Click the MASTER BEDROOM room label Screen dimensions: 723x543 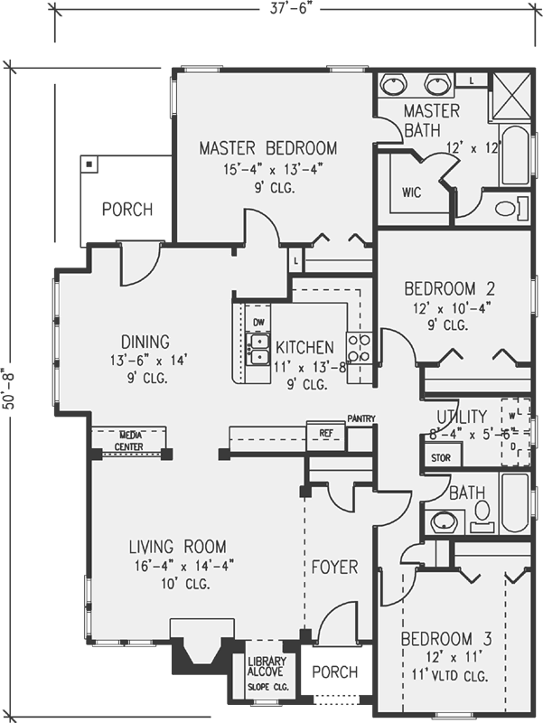268,148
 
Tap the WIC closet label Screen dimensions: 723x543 412,192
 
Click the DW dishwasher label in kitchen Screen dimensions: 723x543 258,323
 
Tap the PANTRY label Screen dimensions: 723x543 360,419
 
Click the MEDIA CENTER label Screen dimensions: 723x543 128,440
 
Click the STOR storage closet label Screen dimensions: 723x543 440,458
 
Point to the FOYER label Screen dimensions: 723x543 335,568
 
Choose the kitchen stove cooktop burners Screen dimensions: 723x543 360,348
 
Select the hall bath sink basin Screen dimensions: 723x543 443,521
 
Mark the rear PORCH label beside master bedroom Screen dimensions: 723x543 126,210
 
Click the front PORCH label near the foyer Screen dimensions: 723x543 334,673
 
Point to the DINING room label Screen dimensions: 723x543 145,343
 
